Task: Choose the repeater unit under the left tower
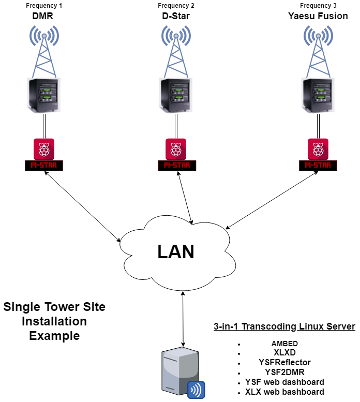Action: point(44,96)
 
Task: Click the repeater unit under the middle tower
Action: point(176,96)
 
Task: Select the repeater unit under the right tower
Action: point(318,96)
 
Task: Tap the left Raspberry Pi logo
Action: point(44,149)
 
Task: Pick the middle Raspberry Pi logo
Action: point(176,149)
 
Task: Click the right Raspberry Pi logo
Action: point(318,149)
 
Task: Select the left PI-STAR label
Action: point(44,166)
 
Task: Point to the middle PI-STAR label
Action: point(176,166)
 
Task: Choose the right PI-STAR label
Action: point(318,166)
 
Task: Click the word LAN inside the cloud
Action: point(176,252)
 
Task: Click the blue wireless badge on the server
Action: point(196,390)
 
